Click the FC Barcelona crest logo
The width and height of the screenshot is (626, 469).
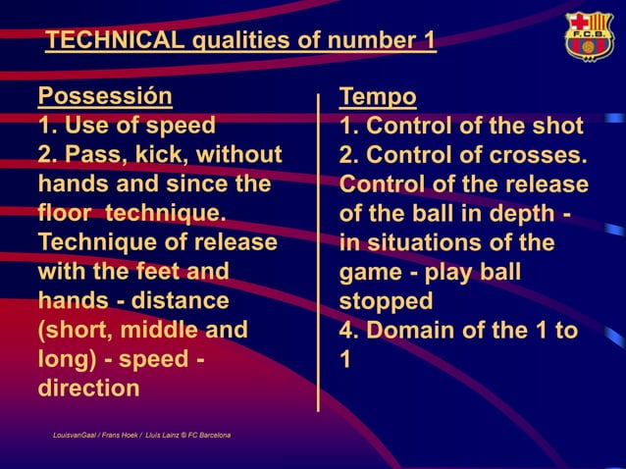point(588,37)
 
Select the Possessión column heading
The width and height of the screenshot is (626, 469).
point(105,96)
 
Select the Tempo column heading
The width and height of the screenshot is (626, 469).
point(378,97)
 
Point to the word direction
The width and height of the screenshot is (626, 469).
point(88,388)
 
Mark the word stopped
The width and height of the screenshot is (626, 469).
point(385,300)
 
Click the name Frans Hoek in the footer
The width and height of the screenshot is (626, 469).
point(117,434)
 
